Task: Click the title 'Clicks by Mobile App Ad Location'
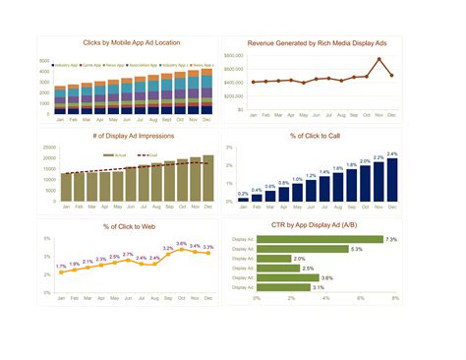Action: click(131, 44)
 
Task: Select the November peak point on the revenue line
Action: click(379, 59)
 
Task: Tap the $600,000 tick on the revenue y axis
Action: click(233, 70)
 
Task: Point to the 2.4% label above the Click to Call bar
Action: click(392, 154)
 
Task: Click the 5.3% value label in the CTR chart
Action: click(356, 249)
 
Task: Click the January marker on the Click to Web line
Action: click(61, 271)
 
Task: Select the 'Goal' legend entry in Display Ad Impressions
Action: click(150, 154)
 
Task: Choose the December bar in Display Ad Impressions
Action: click(207, 178)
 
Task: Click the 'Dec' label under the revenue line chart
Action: click(392, 115)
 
